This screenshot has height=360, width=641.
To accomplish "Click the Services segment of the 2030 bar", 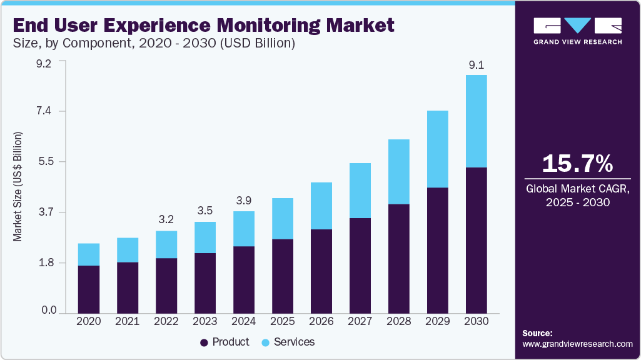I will pos(476,121).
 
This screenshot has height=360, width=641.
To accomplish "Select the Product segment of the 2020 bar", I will pos(89,289).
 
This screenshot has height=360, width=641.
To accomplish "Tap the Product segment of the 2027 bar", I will pos(360,265).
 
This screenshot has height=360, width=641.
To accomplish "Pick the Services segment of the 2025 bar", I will pos(282,218).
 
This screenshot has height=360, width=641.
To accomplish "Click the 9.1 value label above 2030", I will pos(476,64).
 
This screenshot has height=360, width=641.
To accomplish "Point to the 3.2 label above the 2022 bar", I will pos(166,220).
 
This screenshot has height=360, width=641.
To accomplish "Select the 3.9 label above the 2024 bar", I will pos(243,201).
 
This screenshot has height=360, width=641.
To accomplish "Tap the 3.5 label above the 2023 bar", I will pos(204,211).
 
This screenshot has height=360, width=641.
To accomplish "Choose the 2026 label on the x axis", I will pos(321,321).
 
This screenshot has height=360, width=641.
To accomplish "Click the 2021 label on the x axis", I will pos(127,321).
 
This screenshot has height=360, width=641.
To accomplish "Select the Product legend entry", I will pos(225,342).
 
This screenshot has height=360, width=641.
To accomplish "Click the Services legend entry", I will pos(288,342).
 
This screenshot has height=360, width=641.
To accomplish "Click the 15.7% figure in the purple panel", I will pos(577,164).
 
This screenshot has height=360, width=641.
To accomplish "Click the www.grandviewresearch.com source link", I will pos(577,344).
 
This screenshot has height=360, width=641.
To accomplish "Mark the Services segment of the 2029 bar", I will pos(437,149).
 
